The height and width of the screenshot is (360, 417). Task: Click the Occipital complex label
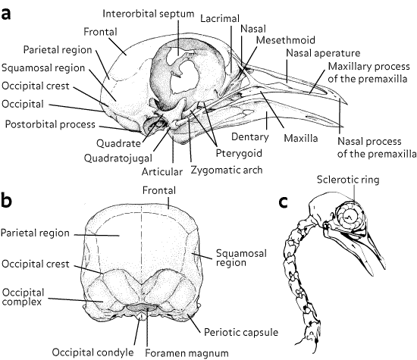pyautogui.click(x=23, y=297)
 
